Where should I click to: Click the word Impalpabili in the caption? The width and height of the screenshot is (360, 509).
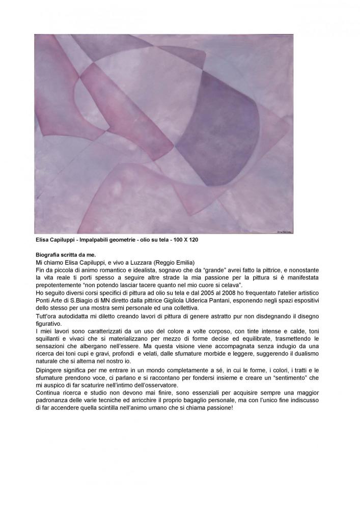point(89,239)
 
